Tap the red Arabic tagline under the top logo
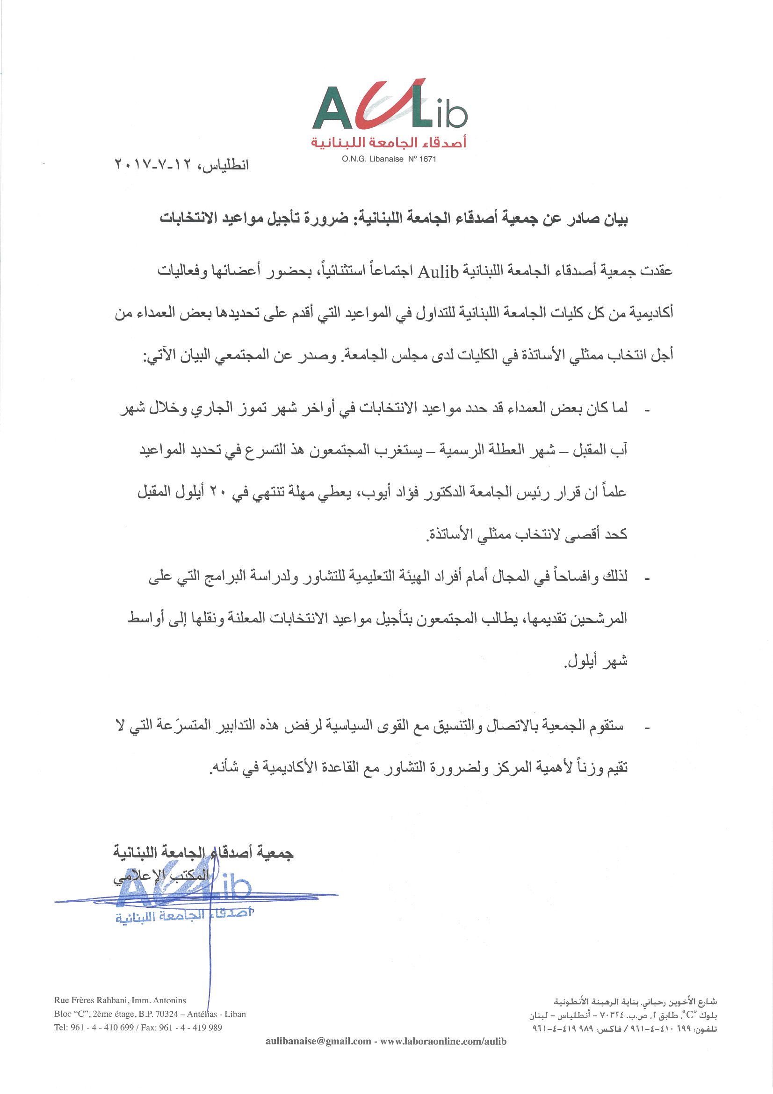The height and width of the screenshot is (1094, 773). pos(389,142)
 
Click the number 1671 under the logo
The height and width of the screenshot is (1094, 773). pos(427,159)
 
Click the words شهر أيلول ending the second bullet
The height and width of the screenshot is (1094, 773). pos(596,661)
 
